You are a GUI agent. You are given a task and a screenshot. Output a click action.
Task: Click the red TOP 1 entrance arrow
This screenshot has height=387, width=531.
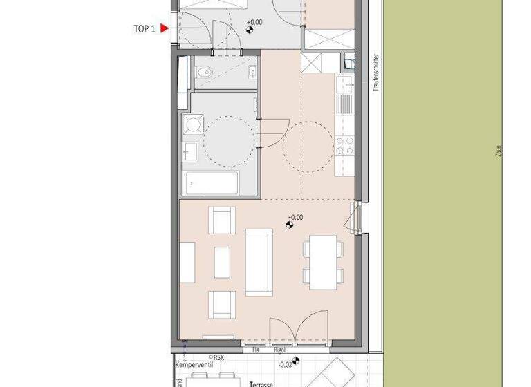tap(164, 28)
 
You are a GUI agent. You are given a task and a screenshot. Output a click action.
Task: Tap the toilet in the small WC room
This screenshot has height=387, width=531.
tap(205, 73)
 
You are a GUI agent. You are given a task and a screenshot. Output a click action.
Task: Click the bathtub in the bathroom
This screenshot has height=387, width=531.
tap(210, 184)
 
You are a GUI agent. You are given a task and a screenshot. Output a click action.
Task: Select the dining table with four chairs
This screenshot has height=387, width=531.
tap(323, 262)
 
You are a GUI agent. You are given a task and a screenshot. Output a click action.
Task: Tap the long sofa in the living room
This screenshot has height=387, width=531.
tap(259, 262)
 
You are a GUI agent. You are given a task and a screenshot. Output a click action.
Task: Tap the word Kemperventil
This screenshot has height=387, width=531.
tap(192, 364)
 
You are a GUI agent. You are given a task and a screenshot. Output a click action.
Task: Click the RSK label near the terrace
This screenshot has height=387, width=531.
tap(218, 357)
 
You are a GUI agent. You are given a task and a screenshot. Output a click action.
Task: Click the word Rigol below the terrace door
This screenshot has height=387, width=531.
tap(279, 350)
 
